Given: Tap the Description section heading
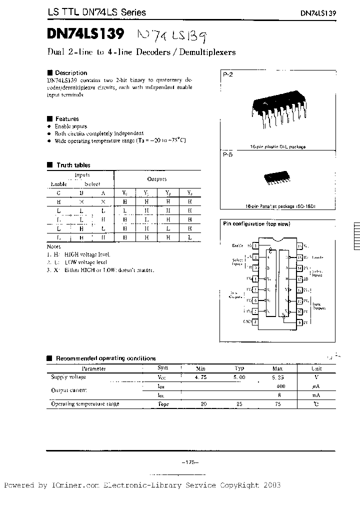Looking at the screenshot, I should tap(70, 72).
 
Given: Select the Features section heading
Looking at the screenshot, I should tap(66, 119).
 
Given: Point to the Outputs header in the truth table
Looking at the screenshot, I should tap(156, 178).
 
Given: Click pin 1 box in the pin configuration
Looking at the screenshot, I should tap(256, 246).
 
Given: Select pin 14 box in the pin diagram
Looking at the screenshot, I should tap(299, 268).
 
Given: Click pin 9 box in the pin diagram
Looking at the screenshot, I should tap(299, 322).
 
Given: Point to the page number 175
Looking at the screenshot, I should tap(190, 462).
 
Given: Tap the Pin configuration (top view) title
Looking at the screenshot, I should tap(256, 224).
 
